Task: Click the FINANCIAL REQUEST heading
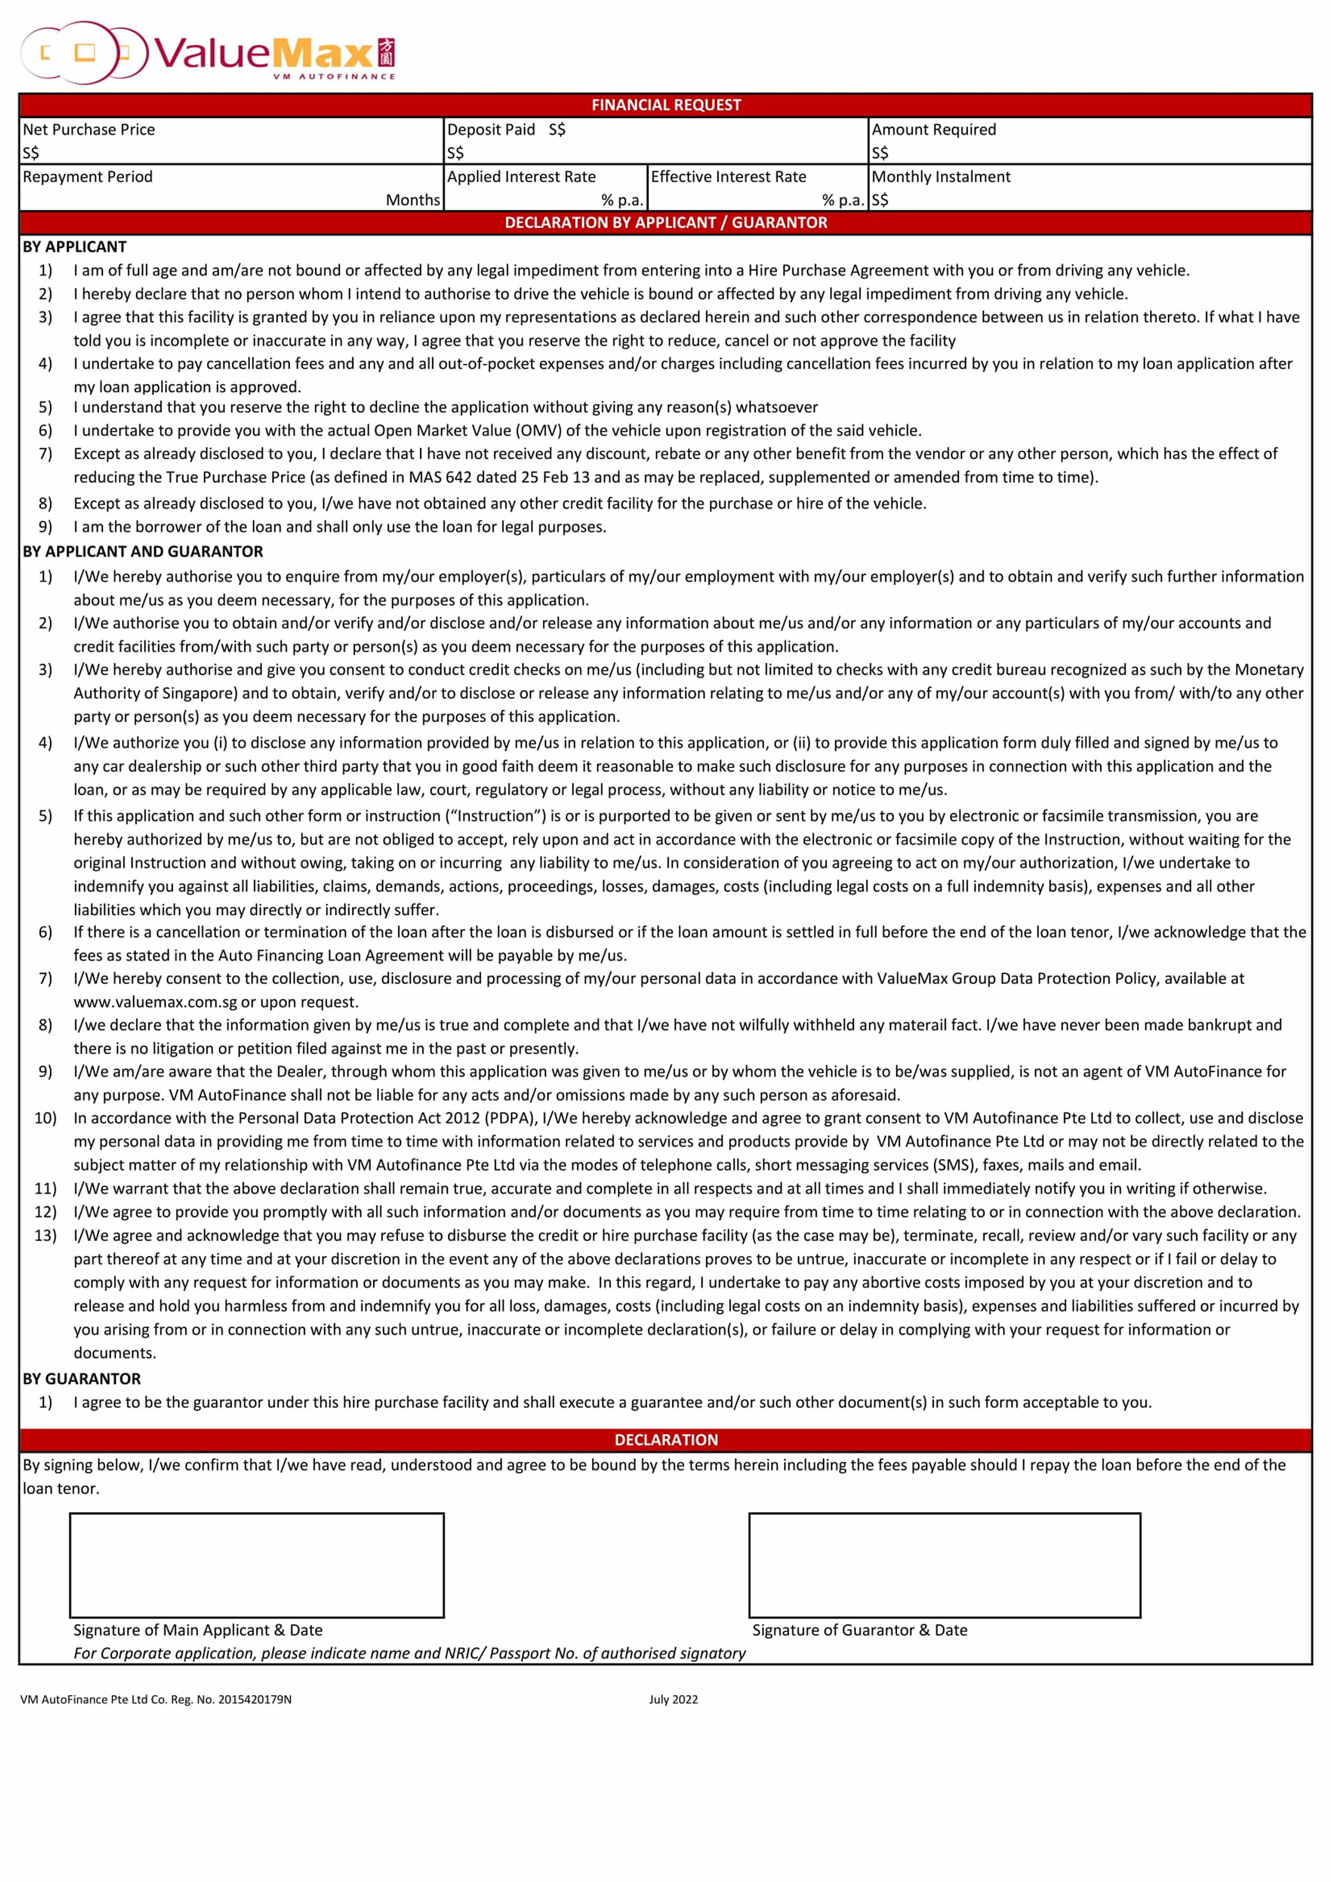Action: pos(665,105)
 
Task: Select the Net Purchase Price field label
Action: pos(89,129)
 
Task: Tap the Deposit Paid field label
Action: pos(491,129)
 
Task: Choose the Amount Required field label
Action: pos(933,129)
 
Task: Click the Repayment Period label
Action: pos(88,177)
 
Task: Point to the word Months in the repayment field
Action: pos(412,200)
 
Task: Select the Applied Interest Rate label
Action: pos(521,177)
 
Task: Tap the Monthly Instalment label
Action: pos(941,177)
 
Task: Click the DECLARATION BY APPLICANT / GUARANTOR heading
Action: pos(665,223)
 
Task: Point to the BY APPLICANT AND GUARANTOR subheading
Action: pos(144,552)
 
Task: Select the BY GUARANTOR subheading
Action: pos(82,1379)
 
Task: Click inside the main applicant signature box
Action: pos(256,1565)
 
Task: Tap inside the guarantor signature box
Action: pos(944,1565)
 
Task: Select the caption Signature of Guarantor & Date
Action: pos(860,1630)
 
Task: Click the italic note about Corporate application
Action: pos(410,1653)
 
